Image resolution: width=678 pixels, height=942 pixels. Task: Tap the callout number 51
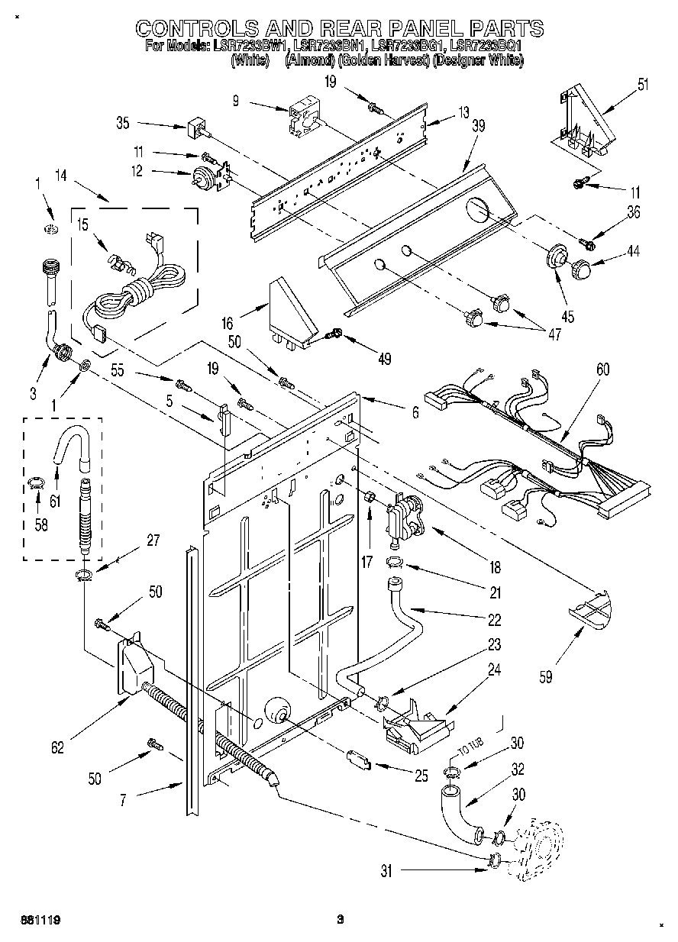pos(643,84)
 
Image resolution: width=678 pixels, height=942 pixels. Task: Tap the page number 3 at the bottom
pos(341,920)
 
